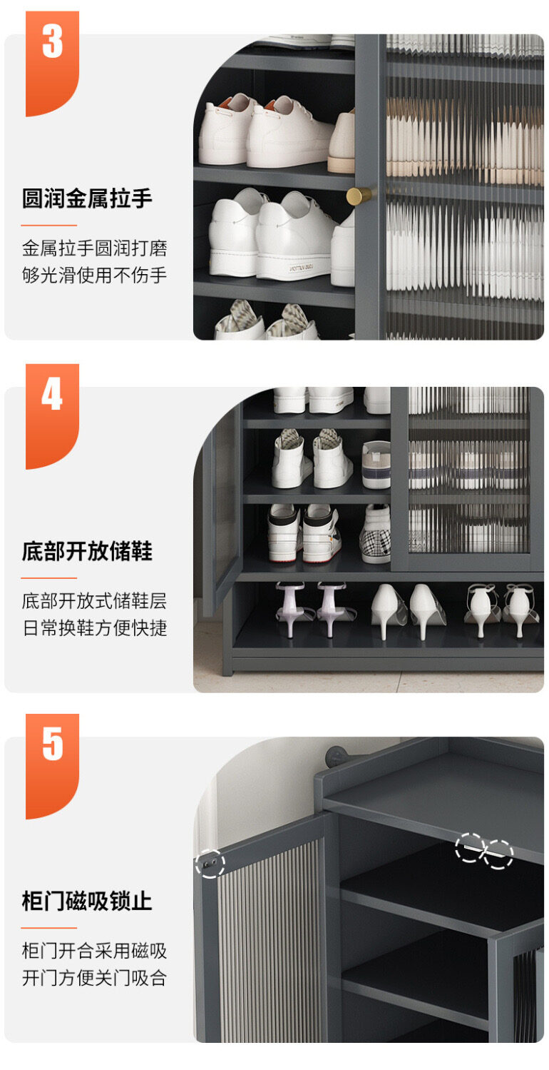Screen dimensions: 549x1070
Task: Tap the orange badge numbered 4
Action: click(x=52, y=415)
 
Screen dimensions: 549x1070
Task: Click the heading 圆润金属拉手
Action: click(x=87, y=198)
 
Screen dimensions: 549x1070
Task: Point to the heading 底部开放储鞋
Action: click(x=87, y=551)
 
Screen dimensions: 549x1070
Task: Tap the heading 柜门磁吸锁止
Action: click(x=87, y=902)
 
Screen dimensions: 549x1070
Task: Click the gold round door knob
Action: click(x=359, y=196)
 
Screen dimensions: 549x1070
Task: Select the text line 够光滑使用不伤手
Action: click(x=94, y=275)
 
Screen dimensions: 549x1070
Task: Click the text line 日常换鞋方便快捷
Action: click(x=94, y=627)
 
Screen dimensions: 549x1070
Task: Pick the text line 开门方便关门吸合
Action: click(x=94, y=978)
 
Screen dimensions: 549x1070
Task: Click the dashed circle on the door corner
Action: click(x=210, y=864)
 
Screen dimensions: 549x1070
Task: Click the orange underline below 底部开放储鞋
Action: click(x=48, y=577)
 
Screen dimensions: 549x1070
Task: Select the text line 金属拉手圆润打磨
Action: click(x=94, y=248)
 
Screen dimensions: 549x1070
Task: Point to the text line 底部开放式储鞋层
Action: click(x=94, y=600)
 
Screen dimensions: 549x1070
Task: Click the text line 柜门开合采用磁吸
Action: click(x=94, y=951)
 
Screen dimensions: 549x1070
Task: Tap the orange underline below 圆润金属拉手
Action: click(x=48, y=225)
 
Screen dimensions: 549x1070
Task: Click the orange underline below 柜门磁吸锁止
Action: click(x=48, y=928)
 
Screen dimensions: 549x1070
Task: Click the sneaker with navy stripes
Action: click(x=376, y=465)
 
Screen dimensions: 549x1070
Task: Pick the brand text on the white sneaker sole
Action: click(x=301, y=268)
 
